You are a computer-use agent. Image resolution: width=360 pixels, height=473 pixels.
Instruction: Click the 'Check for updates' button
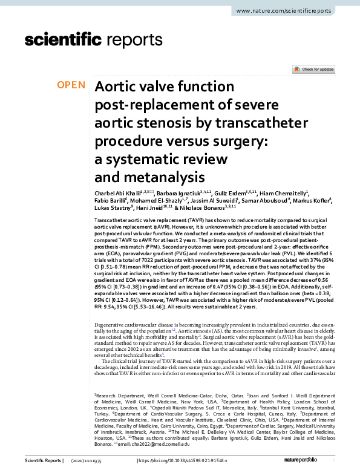pyautogui.click(x=313, y=70)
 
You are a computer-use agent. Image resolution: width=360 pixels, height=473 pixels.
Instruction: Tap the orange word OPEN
pyautogui.click(x=71, y=85)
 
